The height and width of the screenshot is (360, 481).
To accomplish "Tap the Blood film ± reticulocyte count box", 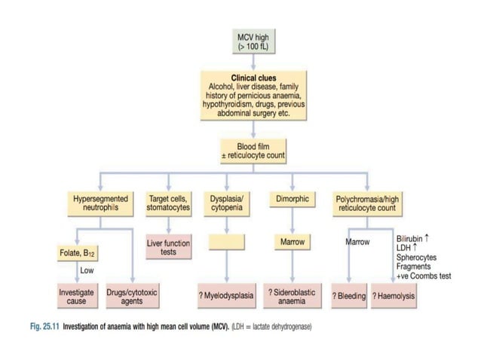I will point(253,151).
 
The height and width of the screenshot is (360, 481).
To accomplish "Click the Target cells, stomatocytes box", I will point(168,203).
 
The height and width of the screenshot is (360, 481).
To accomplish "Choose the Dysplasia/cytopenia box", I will point(225,203).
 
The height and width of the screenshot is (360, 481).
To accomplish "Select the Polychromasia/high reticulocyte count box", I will point(365,203).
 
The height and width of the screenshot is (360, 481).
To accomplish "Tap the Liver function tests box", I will point(168,248).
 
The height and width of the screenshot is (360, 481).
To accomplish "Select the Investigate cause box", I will point(78,296).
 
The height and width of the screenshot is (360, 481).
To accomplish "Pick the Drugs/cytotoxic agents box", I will point(136,296).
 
